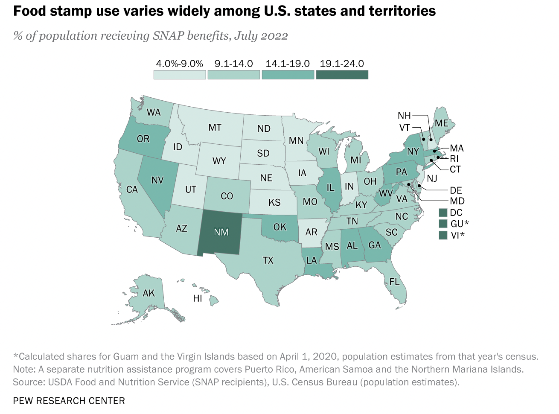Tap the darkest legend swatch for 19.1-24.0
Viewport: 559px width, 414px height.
pos(342,75)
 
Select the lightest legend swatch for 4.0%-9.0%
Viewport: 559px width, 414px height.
pos(180,75)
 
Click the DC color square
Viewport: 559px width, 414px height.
pos(443,213)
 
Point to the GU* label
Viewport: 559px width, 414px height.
pos(460,224)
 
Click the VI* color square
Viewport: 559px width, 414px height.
pos(443,235)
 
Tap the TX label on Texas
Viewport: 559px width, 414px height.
pos(268,260)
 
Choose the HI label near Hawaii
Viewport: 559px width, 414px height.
pos(198,298)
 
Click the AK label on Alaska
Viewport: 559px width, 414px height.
pos(148,293)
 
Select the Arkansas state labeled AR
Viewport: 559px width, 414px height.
pos(311,232)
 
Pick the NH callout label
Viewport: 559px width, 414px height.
pos(404,116)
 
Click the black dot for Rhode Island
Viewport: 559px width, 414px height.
pos(438,157)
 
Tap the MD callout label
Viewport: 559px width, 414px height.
pos(457,201)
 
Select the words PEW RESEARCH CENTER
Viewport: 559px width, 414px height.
pos(69,401)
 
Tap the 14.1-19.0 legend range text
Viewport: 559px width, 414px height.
pos(288,64)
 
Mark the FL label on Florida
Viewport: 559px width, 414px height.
pos(394,282)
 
